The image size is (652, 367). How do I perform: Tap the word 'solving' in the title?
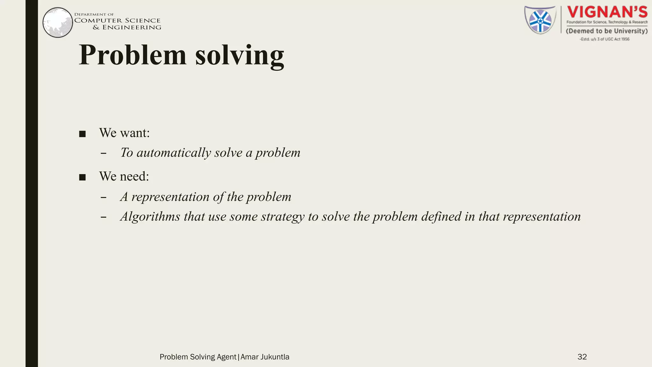click(x=239, y=56)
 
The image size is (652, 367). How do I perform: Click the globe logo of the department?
click(x=58, y=22)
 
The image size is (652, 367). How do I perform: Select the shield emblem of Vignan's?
click(x=540, y=20)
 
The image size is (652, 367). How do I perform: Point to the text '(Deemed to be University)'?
click(x=607, y=31)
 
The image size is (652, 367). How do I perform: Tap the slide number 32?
click(x=582, y=357)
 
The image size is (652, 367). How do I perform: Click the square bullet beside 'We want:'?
click(x=82, y=134)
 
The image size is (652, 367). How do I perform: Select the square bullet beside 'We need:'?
click(x=82, y=177)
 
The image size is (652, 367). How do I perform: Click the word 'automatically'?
click(x=174, y=153)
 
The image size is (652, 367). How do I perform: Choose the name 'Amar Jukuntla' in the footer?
click(x=265, y=357)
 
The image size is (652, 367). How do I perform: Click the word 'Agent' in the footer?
click(x=226, y=357)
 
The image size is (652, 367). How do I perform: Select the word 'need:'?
click(x=134, y=176)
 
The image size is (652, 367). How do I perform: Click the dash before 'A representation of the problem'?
click(x=103, y=198)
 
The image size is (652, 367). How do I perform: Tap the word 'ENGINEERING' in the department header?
click(x=132, y=27)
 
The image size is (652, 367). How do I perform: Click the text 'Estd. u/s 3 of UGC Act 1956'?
click(x=605, y=39)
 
